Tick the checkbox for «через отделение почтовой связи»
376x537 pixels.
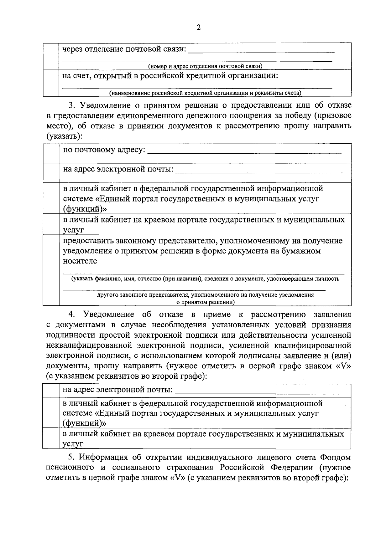(x=50, y=56)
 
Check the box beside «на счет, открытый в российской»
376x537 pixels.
(x=50, y=83)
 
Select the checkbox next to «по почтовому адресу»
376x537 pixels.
(x=51, y=153)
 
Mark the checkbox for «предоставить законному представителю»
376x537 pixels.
(x=51, y=270)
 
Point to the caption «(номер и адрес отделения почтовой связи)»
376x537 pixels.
(x=205, y=66)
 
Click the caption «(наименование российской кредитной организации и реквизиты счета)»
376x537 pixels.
(x=205, y=93)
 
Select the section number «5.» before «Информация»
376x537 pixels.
(x=72, y=457)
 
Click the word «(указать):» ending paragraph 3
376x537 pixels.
(x=64, y=136)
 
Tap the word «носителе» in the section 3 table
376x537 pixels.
(x=80, y=261)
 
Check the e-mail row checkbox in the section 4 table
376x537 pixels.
(x=51, y=391)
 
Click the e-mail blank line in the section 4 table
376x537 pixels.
(x=257, y=392)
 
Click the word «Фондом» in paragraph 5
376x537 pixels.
(x=335, y=457)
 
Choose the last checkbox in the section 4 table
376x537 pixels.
(x=51, y=438)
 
